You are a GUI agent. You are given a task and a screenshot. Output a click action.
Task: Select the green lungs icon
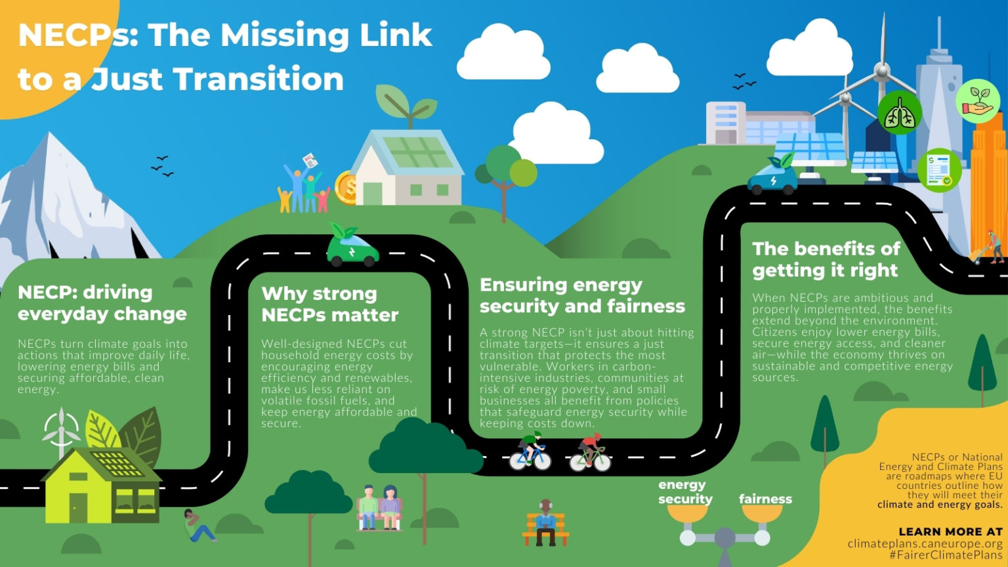pos(900,114)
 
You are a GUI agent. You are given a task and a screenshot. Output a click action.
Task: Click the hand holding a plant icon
pos(978,101)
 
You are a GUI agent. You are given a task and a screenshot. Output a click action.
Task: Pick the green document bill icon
pos(940,170)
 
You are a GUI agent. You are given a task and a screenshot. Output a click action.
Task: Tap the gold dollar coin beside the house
pos(346,188)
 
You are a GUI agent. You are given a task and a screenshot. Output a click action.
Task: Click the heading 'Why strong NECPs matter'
pos(329,304)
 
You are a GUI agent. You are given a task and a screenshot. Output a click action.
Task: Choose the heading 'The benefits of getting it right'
pos(826,259)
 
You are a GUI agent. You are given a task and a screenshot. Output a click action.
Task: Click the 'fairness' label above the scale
pos(765,499)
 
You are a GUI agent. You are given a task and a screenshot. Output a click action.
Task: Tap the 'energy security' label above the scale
pos(685,492)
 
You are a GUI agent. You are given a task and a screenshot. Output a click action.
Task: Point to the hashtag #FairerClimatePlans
pos(946,555)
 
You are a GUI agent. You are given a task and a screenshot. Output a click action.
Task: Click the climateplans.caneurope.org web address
pos(925,543)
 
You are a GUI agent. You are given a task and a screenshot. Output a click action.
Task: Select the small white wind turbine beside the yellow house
pos(61,430)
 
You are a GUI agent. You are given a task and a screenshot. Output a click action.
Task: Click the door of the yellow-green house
pos(78,507)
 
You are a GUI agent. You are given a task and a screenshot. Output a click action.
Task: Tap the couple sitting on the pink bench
pos(379,507)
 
